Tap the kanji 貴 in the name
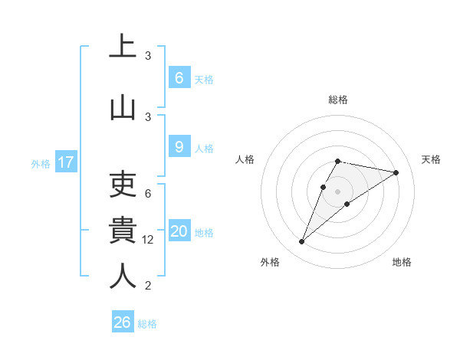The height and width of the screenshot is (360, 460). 123,230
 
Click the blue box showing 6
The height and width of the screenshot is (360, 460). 179,78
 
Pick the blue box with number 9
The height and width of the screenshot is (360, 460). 179,147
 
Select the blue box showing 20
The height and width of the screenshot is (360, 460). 179,232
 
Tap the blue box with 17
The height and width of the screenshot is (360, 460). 65,162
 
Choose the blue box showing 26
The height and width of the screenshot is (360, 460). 123,322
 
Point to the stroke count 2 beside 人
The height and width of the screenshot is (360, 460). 148,286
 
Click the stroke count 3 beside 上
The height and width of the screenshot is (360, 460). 148,56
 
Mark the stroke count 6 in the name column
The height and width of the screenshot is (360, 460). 148,194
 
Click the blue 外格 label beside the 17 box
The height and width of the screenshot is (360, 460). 41,163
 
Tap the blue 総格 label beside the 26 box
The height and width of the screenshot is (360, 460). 147,323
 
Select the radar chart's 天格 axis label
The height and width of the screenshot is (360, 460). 432,159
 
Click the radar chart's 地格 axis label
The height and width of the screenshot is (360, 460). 402,262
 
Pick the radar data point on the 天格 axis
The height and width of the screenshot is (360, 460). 396,172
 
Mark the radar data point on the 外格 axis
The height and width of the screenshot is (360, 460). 302,242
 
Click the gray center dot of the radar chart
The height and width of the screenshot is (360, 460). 337,191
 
